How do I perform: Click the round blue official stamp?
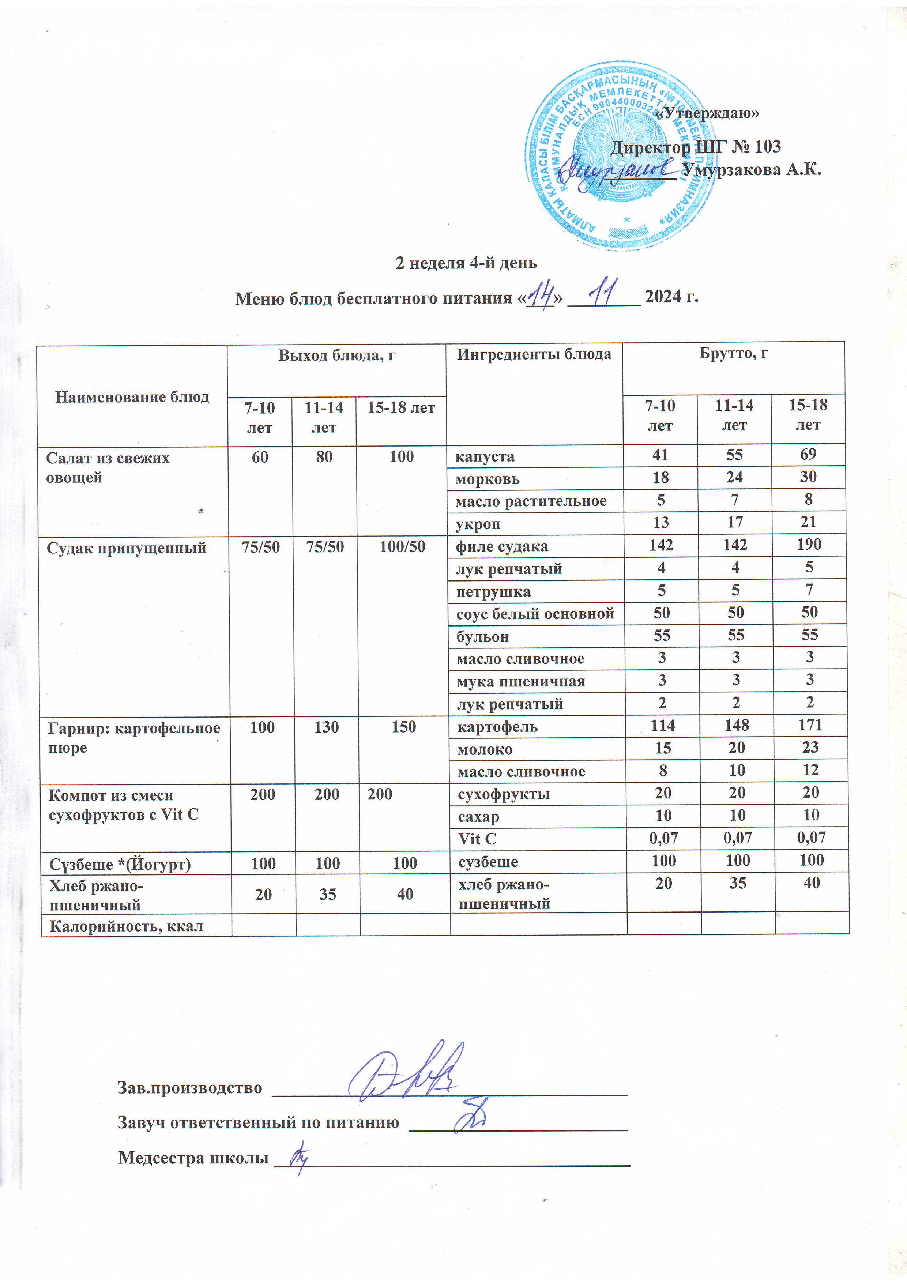tap(620, 157)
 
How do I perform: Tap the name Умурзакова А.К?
tap(752, 169)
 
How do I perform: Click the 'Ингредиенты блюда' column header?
tap(534, 354)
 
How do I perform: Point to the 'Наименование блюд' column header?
tap(132, 397)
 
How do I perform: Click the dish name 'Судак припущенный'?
tap(126, 548)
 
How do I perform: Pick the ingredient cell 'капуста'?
tap(485, 456)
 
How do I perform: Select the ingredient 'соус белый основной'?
tap(535, 614)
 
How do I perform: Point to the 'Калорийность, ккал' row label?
tap(126, 926)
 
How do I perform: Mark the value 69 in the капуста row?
tap(808, 454)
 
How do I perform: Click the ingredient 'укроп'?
tap(478, 524)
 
